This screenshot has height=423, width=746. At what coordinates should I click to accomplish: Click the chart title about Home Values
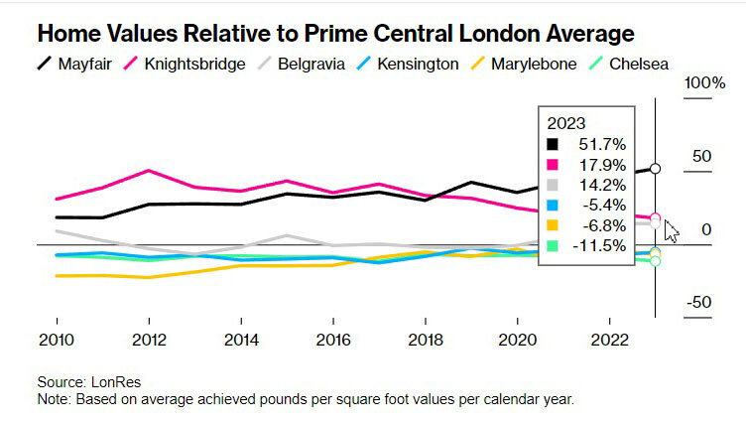(335, 34)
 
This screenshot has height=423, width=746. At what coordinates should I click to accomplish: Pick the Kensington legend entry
(409, 65)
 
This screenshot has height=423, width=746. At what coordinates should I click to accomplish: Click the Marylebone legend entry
(522, 65)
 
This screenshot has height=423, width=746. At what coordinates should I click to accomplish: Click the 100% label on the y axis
(706, 82)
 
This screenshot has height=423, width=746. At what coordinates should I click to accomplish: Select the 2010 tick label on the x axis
(57, 340)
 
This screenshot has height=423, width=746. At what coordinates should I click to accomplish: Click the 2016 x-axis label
(332, 340)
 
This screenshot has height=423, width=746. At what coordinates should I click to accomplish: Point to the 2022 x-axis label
(608, 340)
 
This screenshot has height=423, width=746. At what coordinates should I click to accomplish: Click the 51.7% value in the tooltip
(603, 144)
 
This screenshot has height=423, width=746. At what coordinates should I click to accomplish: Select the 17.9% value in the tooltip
(603, 164)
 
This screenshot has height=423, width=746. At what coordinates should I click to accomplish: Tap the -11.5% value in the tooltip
(601, 245)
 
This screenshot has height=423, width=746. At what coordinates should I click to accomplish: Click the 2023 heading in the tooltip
(566, 123)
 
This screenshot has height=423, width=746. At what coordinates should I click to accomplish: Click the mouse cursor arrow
(672, 231)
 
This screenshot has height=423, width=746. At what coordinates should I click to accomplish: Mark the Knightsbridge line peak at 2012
(148, 171)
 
